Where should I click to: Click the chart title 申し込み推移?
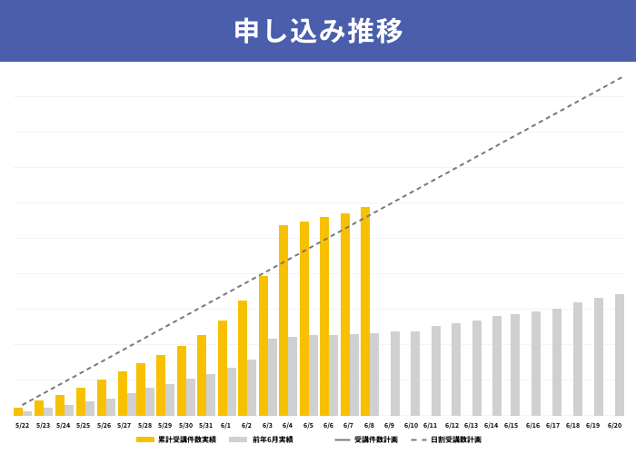click(318, 31)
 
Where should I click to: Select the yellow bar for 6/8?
click(365, 311)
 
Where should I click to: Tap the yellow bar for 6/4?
click(283, 320)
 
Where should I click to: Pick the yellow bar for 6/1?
click(223, 368)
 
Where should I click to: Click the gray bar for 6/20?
click(620, 354)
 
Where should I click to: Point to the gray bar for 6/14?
click(497, 365)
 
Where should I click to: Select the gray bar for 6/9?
click(395, 373)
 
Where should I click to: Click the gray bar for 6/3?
click(273, 377)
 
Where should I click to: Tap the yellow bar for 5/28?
click(141, 389)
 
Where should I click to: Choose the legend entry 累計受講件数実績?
click(176, 439)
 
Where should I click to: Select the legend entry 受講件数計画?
click(363, 439)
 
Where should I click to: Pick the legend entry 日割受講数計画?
click(445, 439)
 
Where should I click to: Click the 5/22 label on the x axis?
click(22, 425)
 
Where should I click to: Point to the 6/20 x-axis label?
click(614, 425)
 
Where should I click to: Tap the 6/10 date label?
click(411, 425)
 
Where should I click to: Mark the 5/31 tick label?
click(206, 425)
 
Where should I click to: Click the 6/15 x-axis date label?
click(512, 425)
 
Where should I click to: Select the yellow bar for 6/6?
click(324, 316)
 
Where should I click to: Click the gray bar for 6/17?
click(557, 361)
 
